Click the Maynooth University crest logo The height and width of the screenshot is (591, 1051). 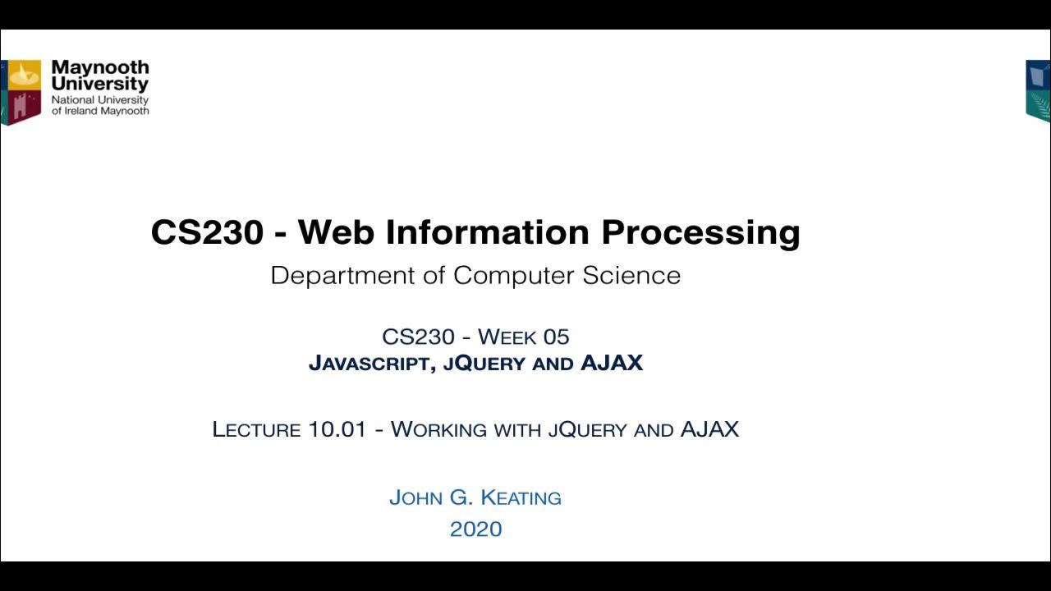click(21, 91)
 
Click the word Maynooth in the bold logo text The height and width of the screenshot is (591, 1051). click(99, 67)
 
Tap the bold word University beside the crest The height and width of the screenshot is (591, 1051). click(99, 84)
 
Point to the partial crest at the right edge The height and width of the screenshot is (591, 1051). click(1039, 90)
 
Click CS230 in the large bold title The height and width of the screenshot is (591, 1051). click(207, 232)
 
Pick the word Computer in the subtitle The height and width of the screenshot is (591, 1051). click(514, 276)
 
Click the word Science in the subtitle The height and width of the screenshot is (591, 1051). click(631, 275)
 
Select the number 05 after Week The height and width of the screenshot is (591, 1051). click(555, 337)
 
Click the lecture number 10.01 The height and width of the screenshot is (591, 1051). click(337, 429)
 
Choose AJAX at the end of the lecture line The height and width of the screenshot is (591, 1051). click(709, 428)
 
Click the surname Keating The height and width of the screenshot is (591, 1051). click(521, 497)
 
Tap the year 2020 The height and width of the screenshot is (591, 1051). click(475, 529)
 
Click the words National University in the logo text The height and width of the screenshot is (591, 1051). click(99, 100)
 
